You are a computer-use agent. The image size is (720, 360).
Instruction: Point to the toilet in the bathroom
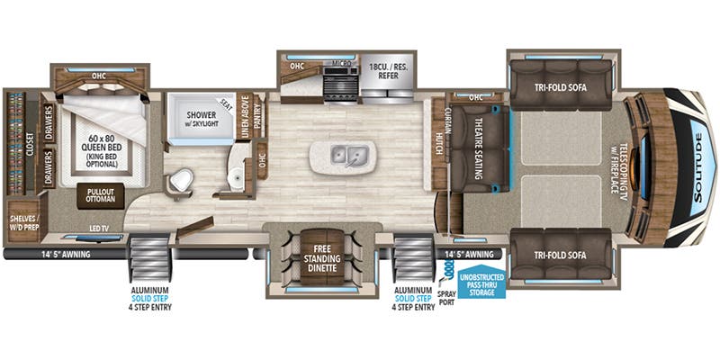(x=184, y=179)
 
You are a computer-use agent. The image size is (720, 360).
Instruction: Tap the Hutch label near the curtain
(x=439, y=143)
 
